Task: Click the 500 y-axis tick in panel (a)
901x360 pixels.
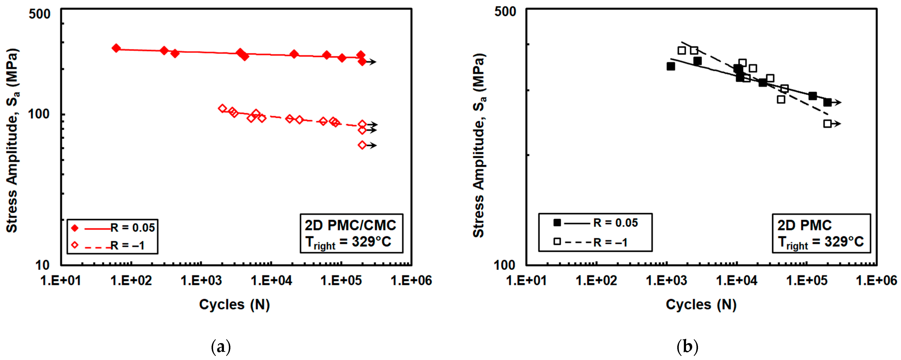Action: click(x=40, y=14)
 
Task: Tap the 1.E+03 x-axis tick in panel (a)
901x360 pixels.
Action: click(x=201, y=281)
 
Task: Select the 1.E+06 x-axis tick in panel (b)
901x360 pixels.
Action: click(x=877, y=281)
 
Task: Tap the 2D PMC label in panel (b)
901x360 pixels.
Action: click(x=805, y=225)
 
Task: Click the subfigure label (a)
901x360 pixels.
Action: click(x=221, y=347)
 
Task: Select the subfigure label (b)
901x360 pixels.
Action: click(x=687, y=347)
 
